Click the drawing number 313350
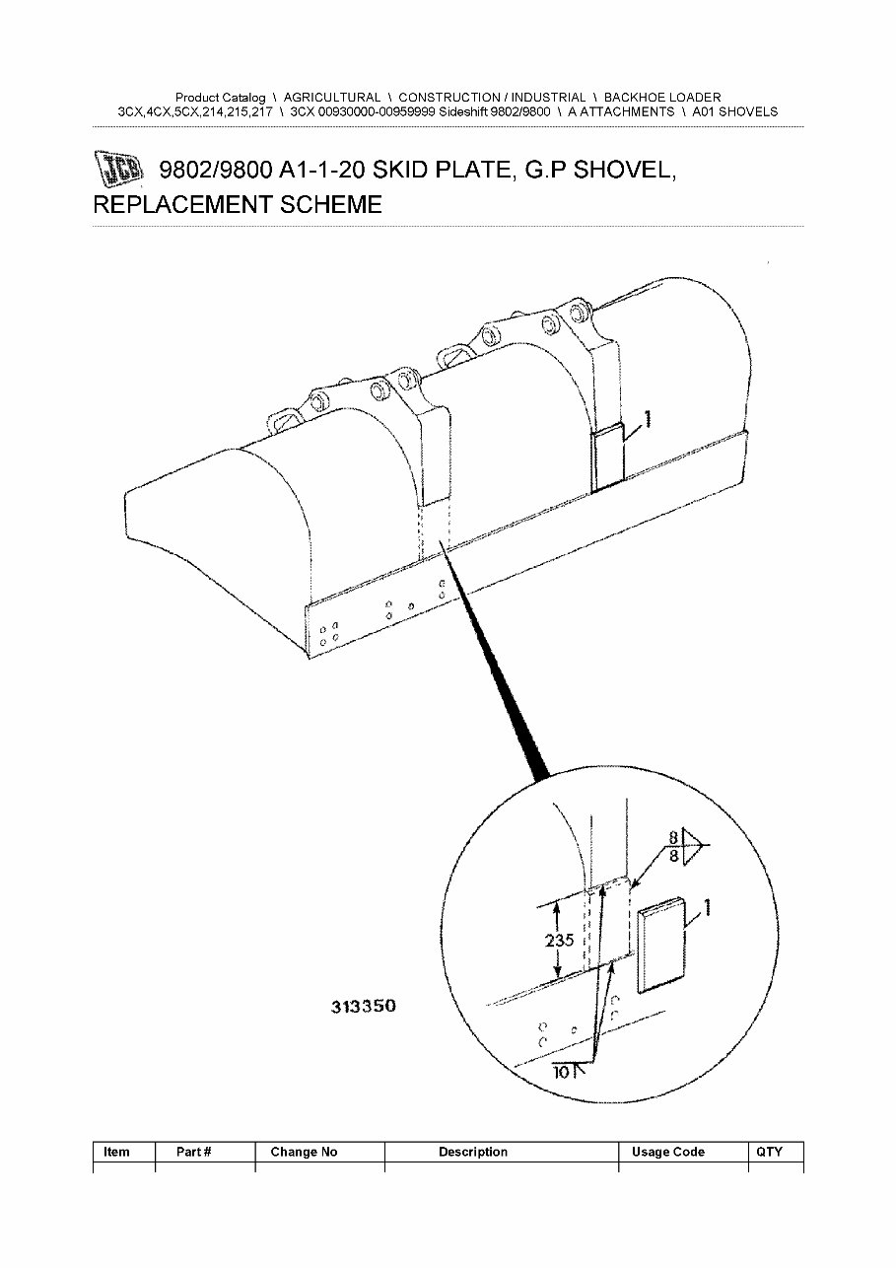363,1007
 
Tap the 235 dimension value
559,940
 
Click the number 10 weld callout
562,1072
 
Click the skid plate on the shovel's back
607,458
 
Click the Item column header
116,1152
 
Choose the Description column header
473,1152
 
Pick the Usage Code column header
667,1152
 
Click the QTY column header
769,1152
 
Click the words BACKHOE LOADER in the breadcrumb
661,98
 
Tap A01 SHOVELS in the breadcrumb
734,112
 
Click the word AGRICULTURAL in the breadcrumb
331,98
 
